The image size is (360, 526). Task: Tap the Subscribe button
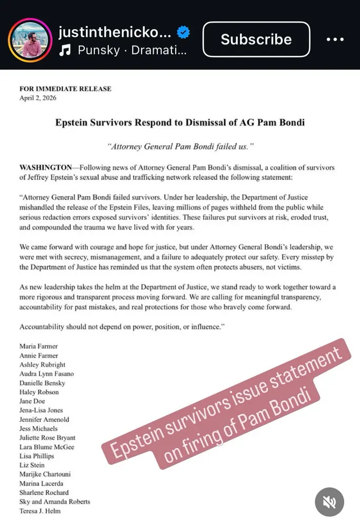click(x=256, y=39)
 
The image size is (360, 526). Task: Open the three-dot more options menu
click(x=335, y=39)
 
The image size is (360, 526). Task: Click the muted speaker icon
click(x=329, y=502)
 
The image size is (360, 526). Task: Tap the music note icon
click(x=65, y=50)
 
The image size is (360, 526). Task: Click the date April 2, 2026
click(x=38, y=98)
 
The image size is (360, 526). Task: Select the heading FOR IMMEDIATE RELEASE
click(x=65, y=89)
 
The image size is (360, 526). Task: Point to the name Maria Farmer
click(x=38, y=346)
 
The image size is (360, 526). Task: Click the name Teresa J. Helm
click(x=40, y=511)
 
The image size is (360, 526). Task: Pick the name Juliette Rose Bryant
click(x=47, y=438)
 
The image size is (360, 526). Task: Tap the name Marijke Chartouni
click(x=45, y=474)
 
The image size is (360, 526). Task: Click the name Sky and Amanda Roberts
click(x=55, y=501)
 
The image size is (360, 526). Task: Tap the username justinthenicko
click(x=115, y=33)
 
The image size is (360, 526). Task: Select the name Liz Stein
click(x=32, y=465)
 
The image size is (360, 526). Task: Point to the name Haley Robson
click(x=39, y=392)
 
